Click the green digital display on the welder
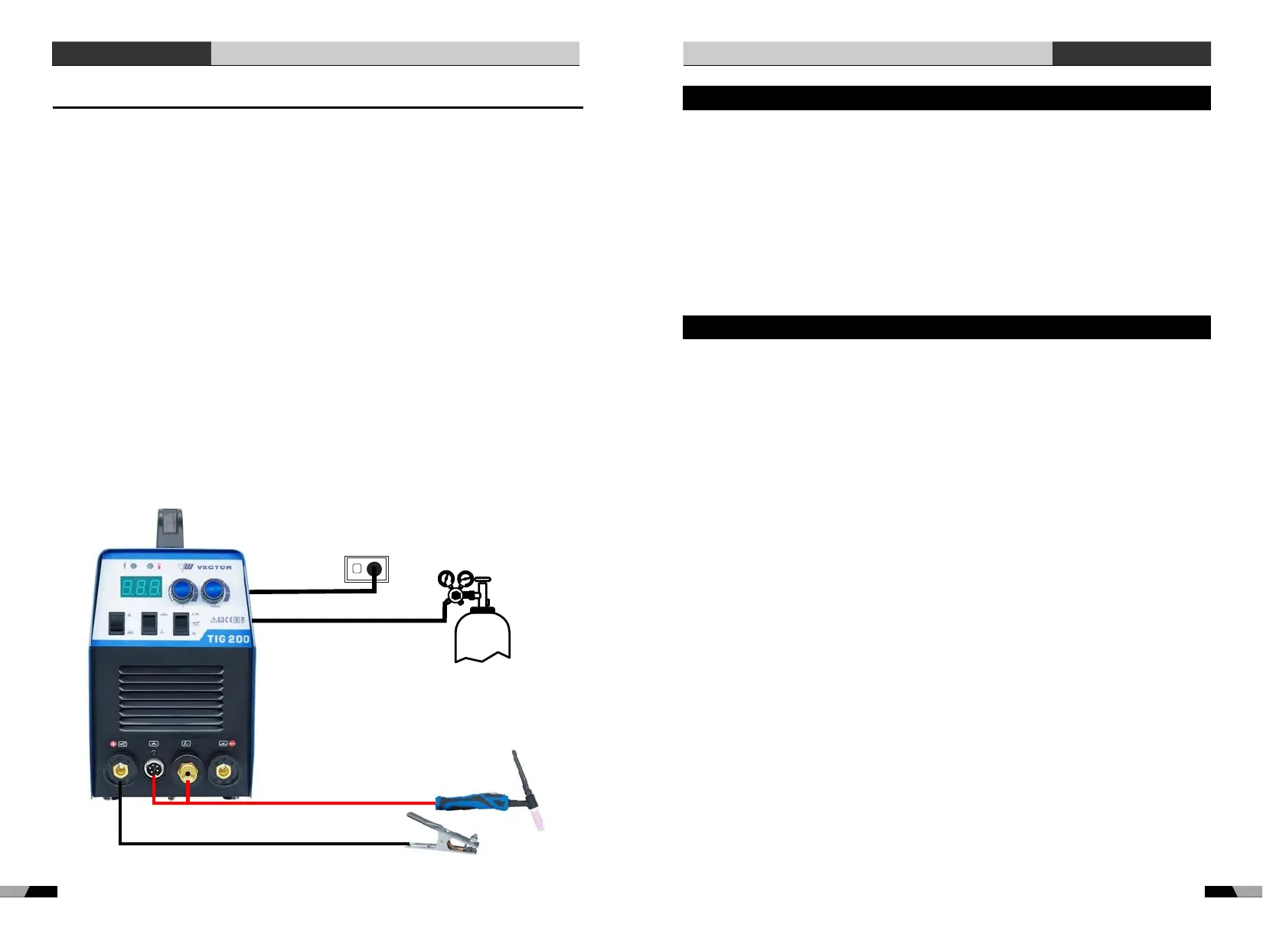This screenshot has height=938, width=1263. click(x=141, y=588)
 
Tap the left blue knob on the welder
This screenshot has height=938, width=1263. click(x=183, y=590)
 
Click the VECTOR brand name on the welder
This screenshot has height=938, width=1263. click(x=214, y=567)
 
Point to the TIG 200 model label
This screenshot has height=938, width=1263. click(x=228, y=639)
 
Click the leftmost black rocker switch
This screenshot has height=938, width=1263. click(x=116, y=623)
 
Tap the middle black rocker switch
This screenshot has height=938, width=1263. click(x=149, y=623)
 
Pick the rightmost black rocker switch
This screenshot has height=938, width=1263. click(x=181, y=624)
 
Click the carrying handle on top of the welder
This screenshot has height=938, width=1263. click(x=171, y=528)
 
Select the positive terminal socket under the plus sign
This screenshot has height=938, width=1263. click(x=120, y=770)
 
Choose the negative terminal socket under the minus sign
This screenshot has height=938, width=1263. click(x=224, y=770)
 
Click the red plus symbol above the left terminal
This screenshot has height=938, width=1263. click(x=113, y=744)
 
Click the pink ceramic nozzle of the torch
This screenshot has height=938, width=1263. click(x=538, y=819)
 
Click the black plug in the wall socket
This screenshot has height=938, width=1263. click(x=374, y=569)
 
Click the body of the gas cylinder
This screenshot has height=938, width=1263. click(x=482, y=636)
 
